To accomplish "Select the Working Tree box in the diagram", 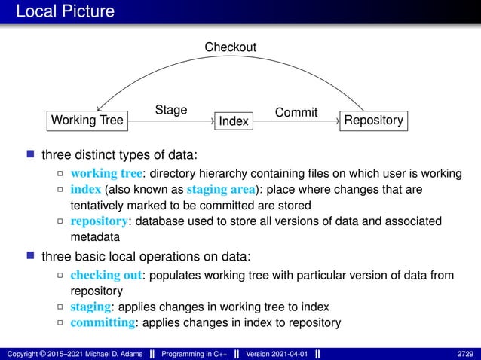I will pyautogui.click(x=87, y=121).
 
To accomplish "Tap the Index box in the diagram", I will pyautogui.click(x=233, y=121).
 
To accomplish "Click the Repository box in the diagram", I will pyautogui.click(x=373, y=121).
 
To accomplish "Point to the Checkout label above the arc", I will pyautogui.click(x=231, y=47).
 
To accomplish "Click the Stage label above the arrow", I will pyautogui.click(x=171, y=111).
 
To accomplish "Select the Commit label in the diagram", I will pyautogui.click(x=296, y=113).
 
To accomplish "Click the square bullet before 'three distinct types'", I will pyautogui.click(x=31, y=155).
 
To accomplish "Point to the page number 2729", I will pyautogui.click(x=465, y=352).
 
